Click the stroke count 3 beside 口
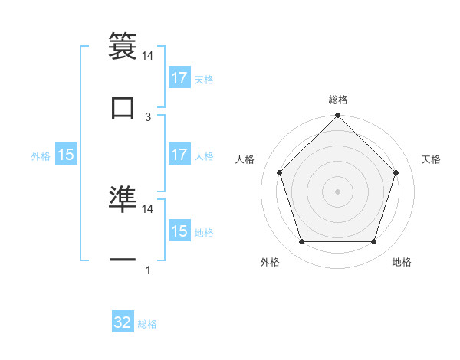pyautogui.click(x=148, y=116)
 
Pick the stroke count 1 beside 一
pyautogui.click(x=148, y=270)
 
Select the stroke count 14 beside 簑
pyautogui.click(x=148, y=56)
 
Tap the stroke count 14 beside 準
pyautogui.click(x=148, y=208)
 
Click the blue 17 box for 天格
pyautogui.click(x=179, y=78)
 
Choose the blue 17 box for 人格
pyautogui.click(x=179, y=155)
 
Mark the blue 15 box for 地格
pyautogui.click(x=179, y=231)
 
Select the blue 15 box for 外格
pyautogui.click(x=66, y=155)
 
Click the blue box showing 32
pyautogui.click(x=123, y=322)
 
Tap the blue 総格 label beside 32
pyautogui.click(x=147, y=324)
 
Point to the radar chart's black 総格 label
pyautogui.click(x=338, y=100)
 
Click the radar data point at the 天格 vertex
pyautogui.click(x=396, y=172)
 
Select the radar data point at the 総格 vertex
pyautogui.click(x=337, y=116)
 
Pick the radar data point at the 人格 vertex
pyautogui.click(x=279, y=172)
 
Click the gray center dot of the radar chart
pyautogui.click(x=337, y=191)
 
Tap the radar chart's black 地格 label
pyautogui.click(x=402, y=262)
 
